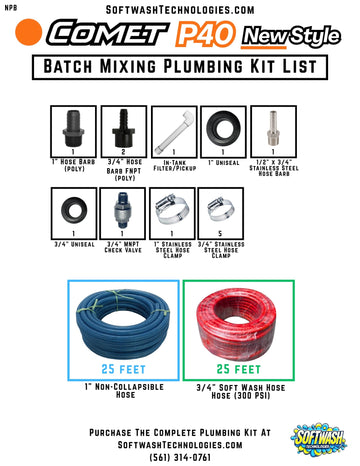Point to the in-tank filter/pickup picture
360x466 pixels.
[x=174, y=126]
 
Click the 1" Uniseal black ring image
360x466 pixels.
[x=223, y=127]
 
